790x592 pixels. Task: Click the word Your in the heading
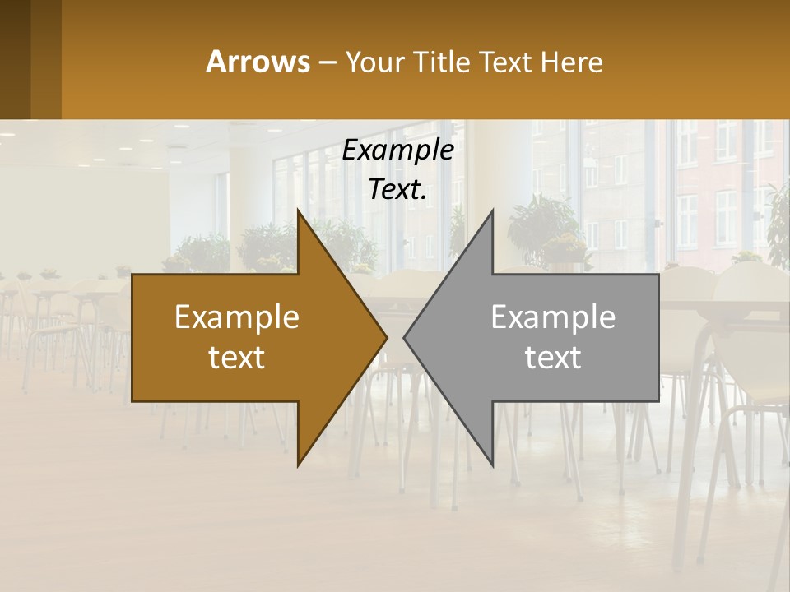tap(374, 62)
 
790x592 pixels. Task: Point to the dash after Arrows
tap(328, 62)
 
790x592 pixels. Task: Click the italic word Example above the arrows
tap(397, 150)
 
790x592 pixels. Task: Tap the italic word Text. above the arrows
tap(397, 190)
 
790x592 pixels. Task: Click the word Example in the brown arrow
tap(237, 317)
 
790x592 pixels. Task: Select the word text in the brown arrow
tap(237, 358)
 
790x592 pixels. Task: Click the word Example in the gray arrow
tap(553, 317)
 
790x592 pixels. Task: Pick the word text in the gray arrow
tap(553, 358)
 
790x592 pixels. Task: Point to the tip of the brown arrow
tap(384, 337)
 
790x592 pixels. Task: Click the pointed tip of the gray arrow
tap(407, 337)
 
